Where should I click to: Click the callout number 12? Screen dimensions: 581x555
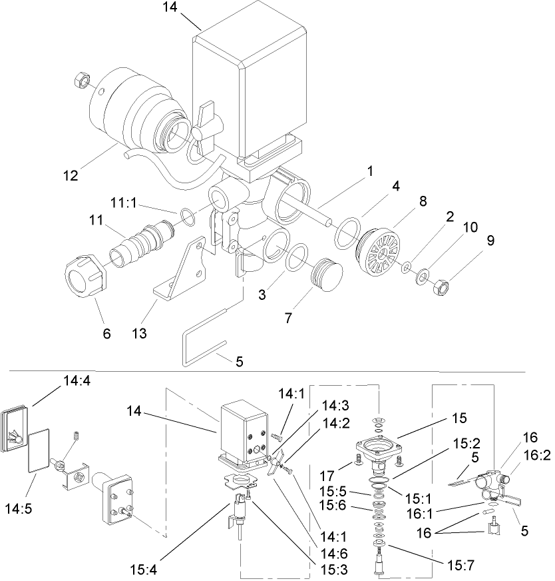[71, 177]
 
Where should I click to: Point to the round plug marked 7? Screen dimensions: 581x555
[324, 274]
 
